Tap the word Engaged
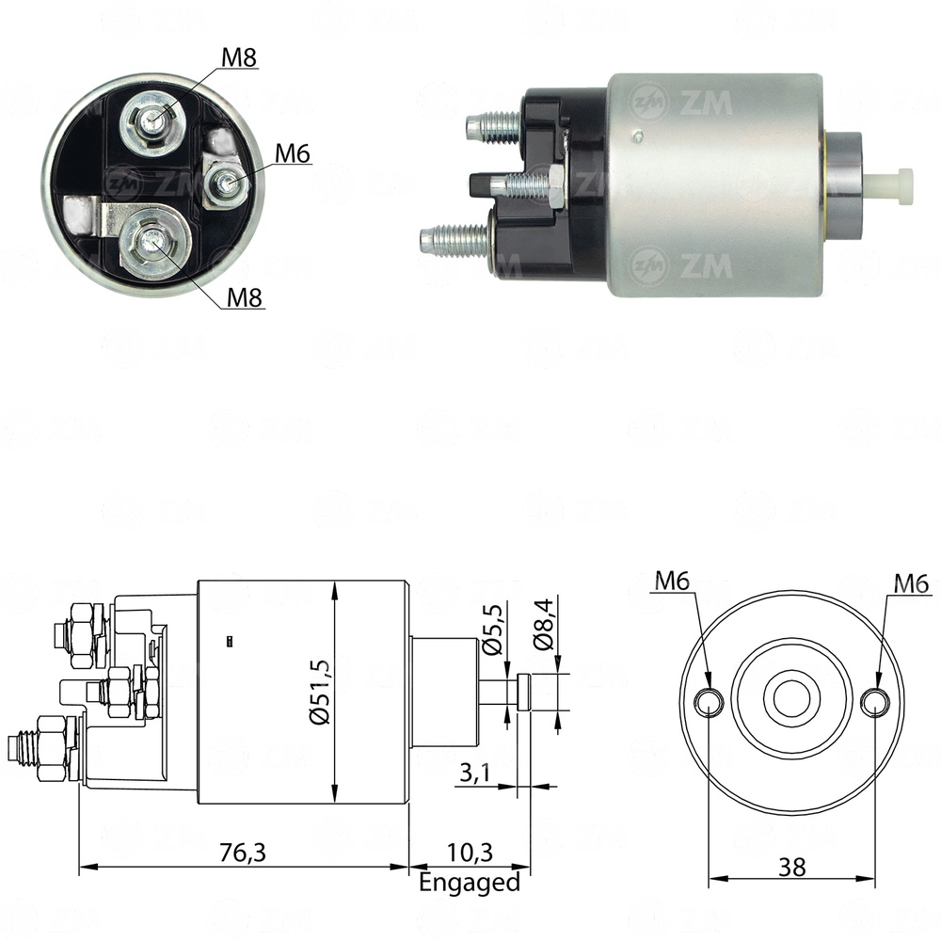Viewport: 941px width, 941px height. pyautogui.click(x=469, y=883)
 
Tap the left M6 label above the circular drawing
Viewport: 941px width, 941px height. pyautogui.click(x=673, y=582)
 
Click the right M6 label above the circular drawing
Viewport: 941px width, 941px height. pyautogui.click(x=911, y=583)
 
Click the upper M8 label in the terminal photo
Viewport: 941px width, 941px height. pyautogui.click(x=239, y=57)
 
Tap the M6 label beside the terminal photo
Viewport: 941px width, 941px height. pyautogui.click(x=293, y=153)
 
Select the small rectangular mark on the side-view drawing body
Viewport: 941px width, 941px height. pyautogui.click(x=231, y=642)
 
